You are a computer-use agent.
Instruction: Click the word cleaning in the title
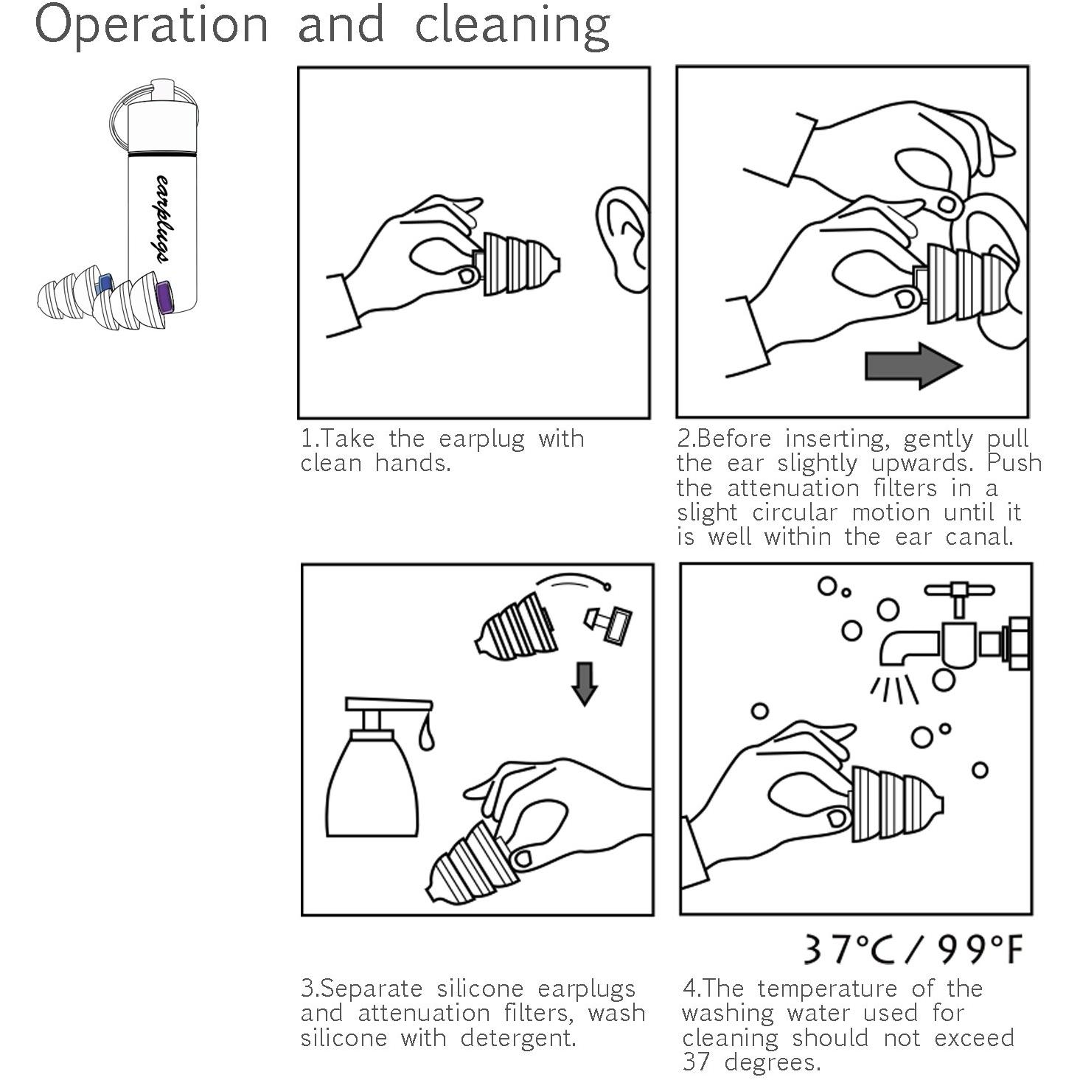pos(512,27)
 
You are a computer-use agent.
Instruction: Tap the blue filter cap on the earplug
pos(104,283)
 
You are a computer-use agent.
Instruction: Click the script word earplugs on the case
pos(163,218)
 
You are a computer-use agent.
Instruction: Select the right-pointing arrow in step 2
pos(913,366)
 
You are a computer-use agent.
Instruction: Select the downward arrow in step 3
pos(585,684)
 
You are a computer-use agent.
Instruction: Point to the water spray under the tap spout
pos(894,689)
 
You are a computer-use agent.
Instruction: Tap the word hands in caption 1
pos(413,464)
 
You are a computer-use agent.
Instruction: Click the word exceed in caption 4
pos(975,1038)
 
